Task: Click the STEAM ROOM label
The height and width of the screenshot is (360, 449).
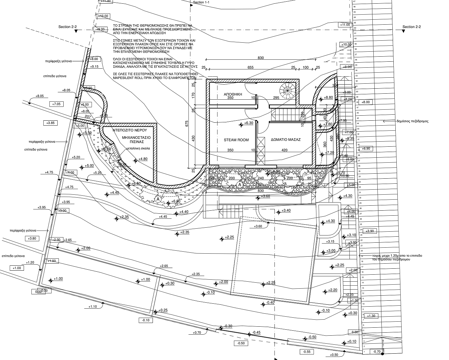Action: coord(236,140)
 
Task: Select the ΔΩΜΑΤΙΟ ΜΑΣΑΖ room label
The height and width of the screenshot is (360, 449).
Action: coord(286,140)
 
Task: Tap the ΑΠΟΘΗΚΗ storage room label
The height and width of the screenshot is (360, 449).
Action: coord(232,94)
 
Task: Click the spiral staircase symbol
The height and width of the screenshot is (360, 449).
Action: coord(287,90)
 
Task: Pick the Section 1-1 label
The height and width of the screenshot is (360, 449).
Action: coord(201,2)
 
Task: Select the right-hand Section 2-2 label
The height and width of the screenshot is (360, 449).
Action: coord(411,27)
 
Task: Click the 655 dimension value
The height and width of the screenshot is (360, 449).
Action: coord(250,68)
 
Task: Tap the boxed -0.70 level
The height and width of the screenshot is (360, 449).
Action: coord(377,352)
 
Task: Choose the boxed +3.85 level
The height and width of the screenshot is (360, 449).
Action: coord(51,123)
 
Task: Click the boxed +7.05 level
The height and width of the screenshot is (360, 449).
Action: coord(56,104)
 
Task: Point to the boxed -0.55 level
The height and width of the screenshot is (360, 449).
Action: coord(307,352)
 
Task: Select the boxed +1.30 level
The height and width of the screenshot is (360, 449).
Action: coord(371,316)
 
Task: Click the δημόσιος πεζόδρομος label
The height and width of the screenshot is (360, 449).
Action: coord(412,121)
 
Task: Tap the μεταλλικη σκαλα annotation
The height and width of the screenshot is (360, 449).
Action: coord(138,148)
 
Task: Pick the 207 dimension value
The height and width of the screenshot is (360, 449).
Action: coord(88,117)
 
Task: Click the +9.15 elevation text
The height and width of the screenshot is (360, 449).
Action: coord(94,67)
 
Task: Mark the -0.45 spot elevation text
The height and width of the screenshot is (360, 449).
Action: coord(256,332)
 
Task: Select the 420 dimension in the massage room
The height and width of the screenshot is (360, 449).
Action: coord(284,150)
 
